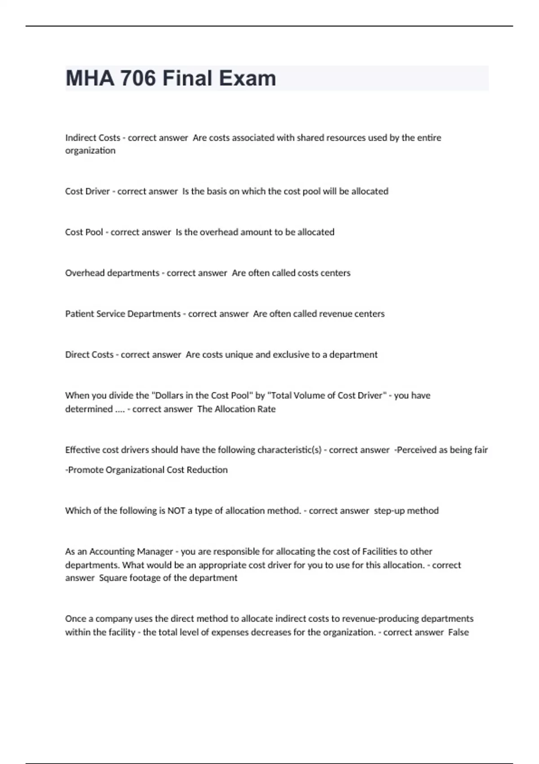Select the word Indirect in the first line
coord(78,138)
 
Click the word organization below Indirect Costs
coord(90,151)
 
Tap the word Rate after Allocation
coord(266,409)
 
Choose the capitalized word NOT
coord(176,511)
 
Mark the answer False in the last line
coord(458,632)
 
